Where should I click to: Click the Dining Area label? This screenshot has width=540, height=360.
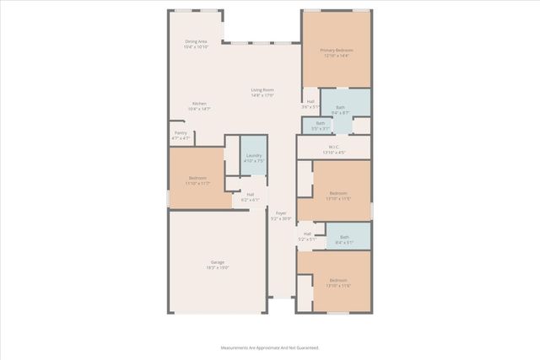[197, 41]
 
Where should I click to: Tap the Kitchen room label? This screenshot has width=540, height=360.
[198, 104]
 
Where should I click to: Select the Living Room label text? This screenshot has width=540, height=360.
[262, 90]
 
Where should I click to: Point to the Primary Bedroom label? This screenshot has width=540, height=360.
[336, 51]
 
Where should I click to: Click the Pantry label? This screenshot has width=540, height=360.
[181, 132]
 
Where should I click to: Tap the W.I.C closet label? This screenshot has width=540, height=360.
[334, 147]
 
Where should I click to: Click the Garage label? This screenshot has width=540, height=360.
[218, 262]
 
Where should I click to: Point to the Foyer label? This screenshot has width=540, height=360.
[281, 213]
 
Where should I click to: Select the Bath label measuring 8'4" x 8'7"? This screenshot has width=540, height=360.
[341, 107]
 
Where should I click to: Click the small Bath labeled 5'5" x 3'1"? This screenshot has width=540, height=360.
[321, 123]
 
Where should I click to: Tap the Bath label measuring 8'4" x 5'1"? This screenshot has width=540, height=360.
[343, 238]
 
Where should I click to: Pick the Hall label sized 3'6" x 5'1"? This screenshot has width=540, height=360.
[310, 102]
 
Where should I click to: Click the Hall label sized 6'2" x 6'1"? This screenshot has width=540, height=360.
[250, 195]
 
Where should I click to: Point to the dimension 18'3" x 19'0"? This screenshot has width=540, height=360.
[218, 267]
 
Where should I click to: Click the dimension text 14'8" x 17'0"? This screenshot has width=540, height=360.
[262, 95]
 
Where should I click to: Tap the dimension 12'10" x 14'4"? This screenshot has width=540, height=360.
[336, 56]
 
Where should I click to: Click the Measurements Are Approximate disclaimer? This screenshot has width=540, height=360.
[270, 347]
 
